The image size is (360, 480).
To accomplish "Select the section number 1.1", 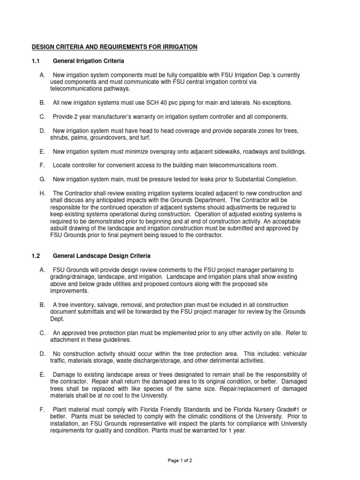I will click(36, 61).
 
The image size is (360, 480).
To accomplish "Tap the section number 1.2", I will click(36, 256).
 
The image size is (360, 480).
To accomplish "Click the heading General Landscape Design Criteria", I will click(101, 256).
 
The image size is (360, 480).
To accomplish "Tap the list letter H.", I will click(42, 193).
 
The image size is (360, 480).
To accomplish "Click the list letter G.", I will click(42, 179).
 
